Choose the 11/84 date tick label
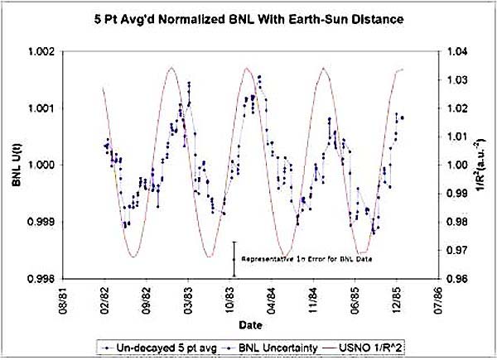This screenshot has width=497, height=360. click(x=313, y=296)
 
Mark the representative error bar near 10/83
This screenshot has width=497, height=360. click(x=234, y=258)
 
